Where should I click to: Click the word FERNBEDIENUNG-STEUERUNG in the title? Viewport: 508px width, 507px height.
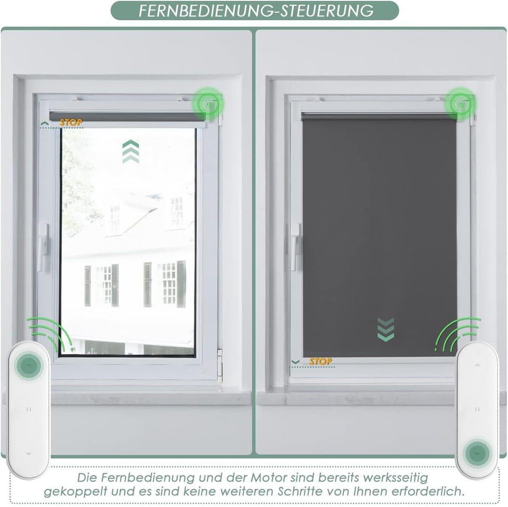(256, 10)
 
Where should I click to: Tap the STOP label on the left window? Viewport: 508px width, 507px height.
(71, 123)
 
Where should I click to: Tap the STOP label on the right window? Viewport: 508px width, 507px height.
(320, 361)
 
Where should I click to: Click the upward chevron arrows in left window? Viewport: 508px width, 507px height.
(130, 151)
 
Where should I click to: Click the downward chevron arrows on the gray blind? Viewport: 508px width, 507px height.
(386, 329)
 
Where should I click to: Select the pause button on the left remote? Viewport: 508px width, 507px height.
(29, 409)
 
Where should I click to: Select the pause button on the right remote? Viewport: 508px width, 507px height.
(477, 409)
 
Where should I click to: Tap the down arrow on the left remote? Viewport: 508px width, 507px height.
(28, 453)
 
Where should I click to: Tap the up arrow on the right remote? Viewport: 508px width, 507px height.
(477, 365)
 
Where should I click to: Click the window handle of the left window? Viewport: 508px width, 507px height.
(43, 247)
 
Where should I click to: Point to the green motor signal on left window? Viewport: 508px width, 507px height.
(207, 102)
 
